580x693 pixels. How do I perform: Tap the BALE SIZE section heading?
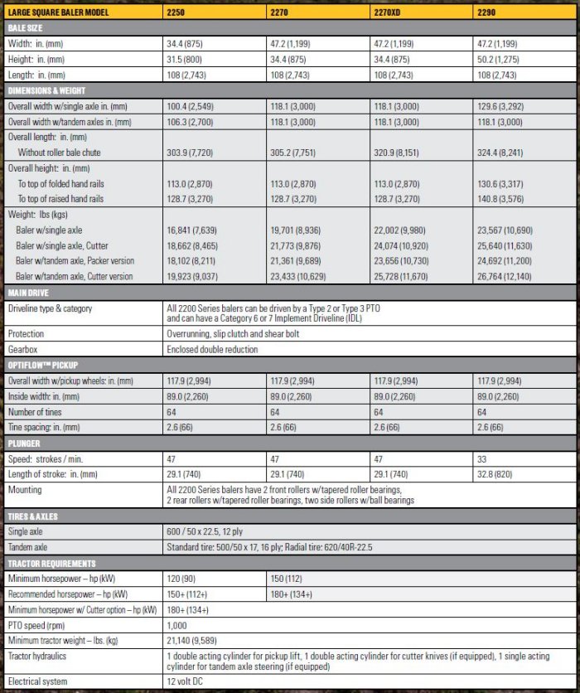(x=25, y=27)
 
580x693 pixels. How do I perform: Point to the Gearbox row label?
(x=24, y=349)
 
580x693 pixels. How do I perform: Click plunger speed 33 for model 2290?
(x=482, y=458)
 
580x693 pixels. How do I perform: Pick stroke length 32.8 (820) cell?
(x=499, y=472)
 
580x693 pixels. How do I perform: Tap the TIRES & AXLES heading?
(x=32, y=516)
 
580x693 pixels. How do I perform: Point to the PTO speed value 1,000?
(x=177, y=625)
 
